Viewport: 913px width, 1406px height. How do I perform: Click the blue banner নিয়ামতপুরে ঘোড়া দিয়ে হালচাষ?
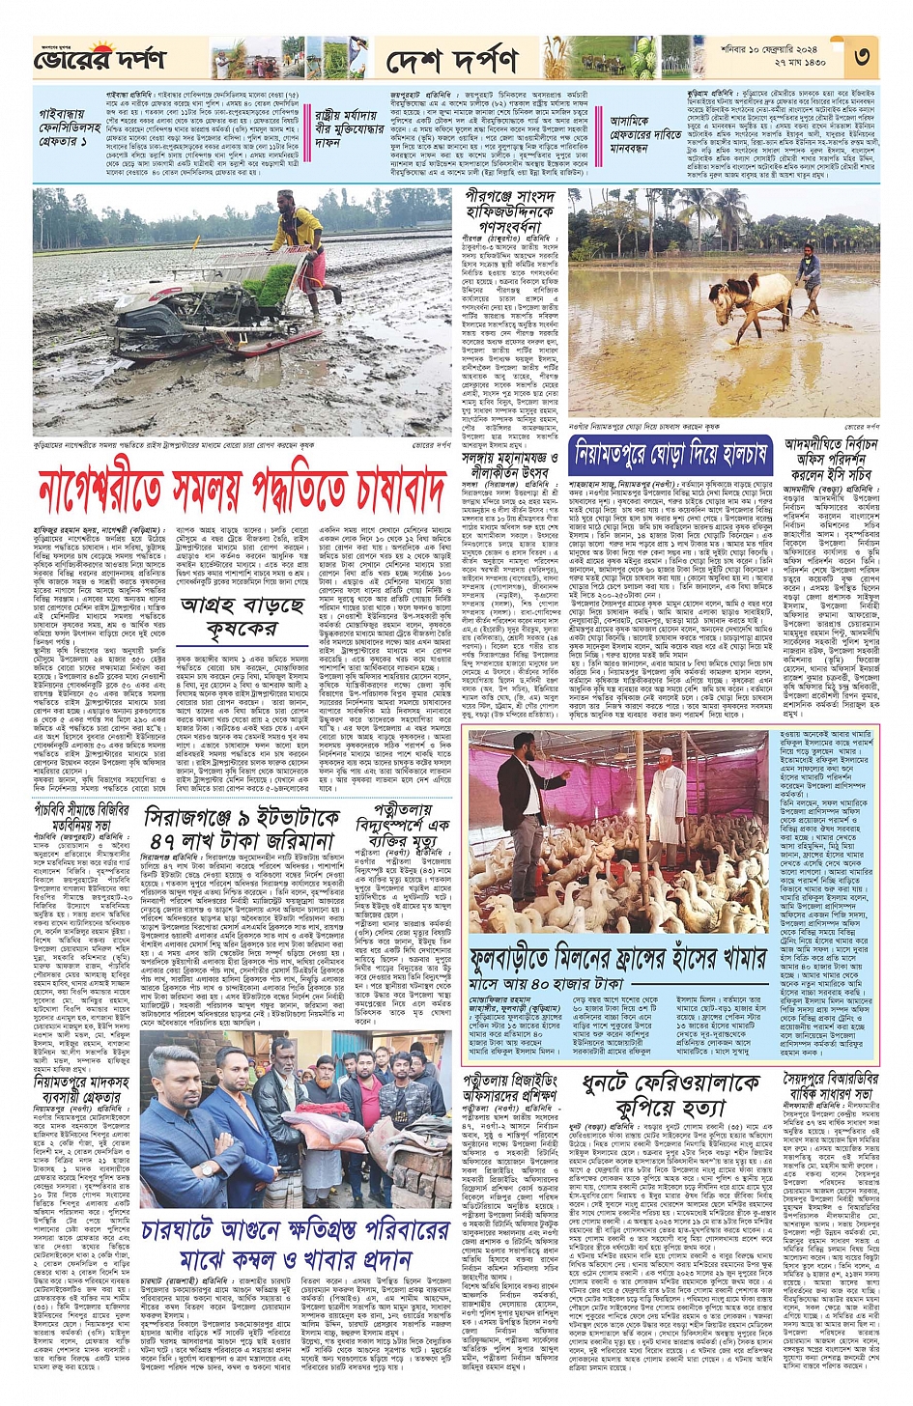coord(670,452)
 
